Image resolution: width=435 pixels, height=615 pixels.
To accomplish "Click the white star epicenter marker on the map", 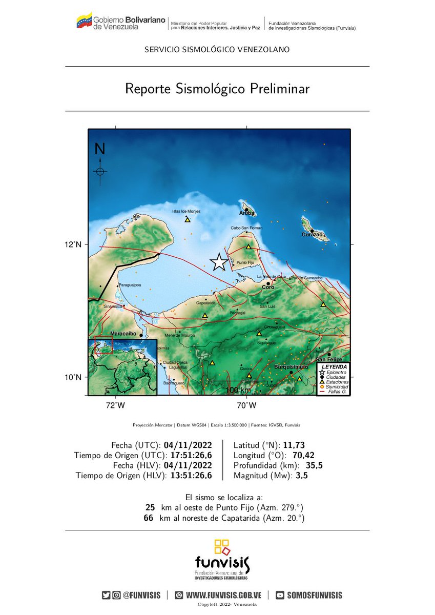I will pyautogui.click(x=219, y=262).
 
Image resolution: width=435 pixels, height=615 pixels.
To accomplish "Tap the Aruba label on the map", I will pyautogui.click(x=247, y=213).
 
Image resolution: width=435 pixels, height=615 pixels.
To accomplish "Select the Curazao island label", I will pyautogui.click(x=312, y=235).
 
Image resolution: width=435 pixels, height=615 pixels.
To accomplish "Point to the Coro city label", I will pyautogui.click(x=268, y=288).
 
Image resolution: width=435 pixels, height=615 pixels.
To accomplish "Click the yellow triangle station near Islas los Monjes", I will pyautogui.click(x=188, y=220).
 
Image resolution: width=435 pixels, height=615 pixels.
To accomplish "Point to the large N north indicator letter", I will pyautogui.click(x=100, y=149).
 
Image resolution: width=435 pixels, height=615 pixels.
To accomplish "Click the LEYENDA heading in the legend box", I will pyautogui.click(x=334, y=367).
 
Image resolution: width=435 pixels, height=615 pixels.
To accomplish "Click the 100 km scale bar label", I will pyautogui.click(x=238, y=391).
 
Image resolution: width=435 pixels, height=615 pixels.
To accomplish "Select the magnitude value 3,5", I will pyautogui.click(x=300, y=476).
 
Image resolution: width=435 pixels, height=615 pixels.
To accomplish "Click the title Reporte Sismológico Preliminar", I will pyautogui.click(x=217, y=89).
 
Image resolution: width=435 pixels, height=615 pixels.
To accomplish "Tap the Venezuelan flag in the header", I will pyautogui.click(x=84, y=21).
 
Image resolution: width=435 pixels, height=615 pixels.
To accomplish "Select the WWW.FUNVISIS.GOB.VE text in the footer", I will pyautogui.click(x=223, y=595).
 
